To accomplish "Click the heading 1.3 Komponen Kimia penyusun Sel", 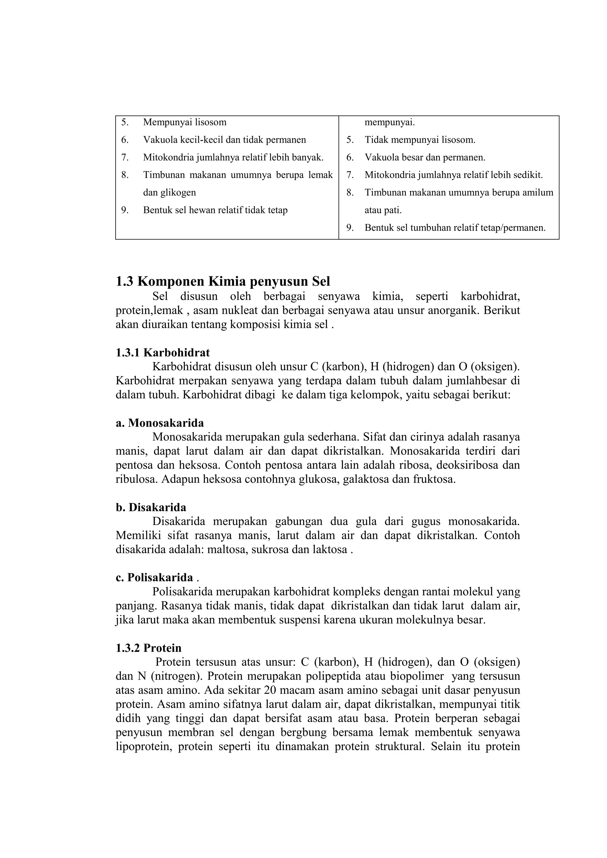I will pyautogui.click(x=223, y=281).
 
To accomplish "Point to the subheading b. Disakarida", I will pyautogui.click(x=151, y=508).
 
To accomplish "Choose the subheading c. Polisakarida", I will pyautogui.click(x=154, y=578).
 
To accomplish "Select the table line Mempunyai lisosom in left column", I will pyautogui.click(x=185, y=122).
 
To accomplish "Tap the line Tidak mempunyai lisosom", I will pyautogui.click(x=420, y=140).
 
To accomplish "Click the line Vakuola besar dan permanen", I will pyautogui.click(x=425, y=157).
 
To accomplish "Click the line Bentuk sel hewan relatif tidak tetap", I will pyautogui.click(x=215, y=210).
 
